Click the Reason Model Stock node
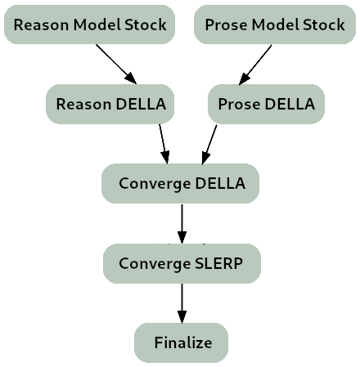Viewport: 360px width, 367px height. [89, 25]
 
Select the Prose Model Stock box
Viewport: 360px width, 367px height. [275, 25]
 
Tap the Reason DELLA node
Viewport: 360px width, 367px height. [110, 104]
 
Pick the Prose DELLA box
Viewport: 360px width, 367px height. [266, 104]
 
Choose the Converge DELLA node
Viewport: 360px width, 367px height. [180, 183]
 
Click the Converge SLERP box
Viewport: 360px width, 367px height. [182, 263]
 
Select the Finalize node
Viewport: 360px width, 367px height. [181, 342]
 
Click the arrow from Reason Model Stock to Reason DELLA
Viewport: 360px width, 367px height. [116, 65]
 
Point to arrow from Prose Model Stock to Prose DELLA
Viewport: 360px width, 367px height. [255, 65]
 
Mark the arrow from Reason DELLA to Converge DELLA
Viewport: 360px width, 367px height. [164, 144]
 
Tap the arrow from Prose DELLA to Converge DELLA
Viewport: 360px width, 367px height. [209, 145]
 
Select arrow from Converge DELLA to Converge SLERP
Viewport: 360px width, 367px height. [182, 224]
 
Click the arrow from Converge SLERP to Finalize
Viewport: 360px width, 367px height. [182, 303]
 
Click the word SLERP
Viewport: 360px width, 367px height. [218, 263]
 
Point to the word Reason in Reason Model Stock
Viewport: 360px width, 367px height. [41, 25]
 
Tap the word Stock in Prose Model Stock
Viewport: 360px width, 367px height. [324, 25]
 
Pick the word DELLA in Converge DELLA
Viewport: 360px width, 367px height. [220, 183]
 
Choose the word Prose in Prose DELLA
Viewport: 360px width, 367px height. [239, 104]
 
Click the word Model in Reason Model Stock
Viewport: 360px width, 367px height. [97, 25]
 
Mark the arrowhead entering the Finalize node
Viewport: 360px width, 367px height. [182, 317]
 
